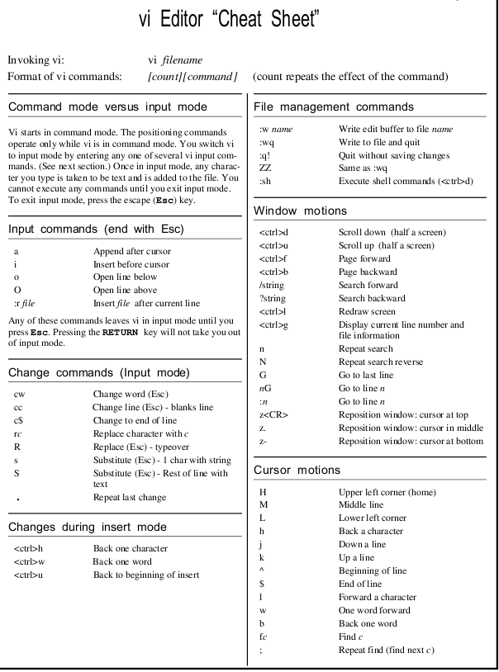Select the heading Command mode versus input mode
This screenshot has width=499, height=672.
coord(107,106)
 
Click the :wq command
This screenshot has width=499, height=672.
coord(266,142)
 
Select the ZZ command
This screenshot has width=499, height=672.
coord(265,168)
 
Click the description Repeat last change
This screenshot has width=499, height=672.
coord(129,498)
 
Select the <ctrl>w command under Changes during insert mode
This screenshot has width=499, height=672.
coord(29,561)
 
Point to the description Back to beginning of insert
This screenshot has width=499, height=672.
coord(145,575)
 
